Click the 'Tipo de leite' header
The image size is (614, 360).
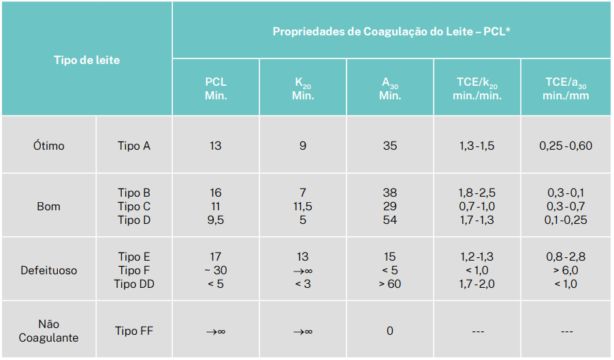coord(86,60)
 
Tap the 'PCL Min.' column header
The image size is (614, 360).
coord(216,88)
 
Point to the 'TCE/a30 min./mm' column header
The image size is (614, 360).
coord(565,88)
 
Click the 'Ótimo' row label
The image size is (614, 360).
coord(49,146)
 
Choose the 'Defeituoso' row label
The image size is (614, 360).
coord(49,270)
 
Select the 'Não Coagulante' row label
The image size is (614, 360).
coord(49,331)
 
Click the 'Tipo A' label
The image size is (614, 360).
coord(133,146)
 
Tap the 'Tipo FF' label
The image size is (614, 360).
coord(135,331)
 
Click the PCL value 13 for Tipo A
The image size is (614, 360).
coord(216,146)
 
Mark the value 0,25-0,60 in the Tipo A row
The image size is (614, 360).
coord(565,146)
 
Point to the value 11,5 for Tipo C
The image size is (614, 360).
coord(303,206)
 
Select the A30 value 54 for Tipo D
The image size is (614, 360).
coord(390,220)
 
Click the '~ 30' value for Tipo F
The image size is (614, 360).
coord(216,270)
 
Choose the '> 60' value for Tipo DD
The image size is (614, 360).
coord(390,284)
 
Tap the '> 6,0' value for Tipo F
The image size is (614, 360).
coord(565,270)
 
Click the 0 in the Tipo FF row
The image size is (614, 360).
coord(390,331)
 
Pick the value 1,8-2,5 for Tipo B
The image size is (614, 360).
coord(477,193)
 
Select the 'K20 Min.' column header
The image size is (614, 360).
coord(303,88)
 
